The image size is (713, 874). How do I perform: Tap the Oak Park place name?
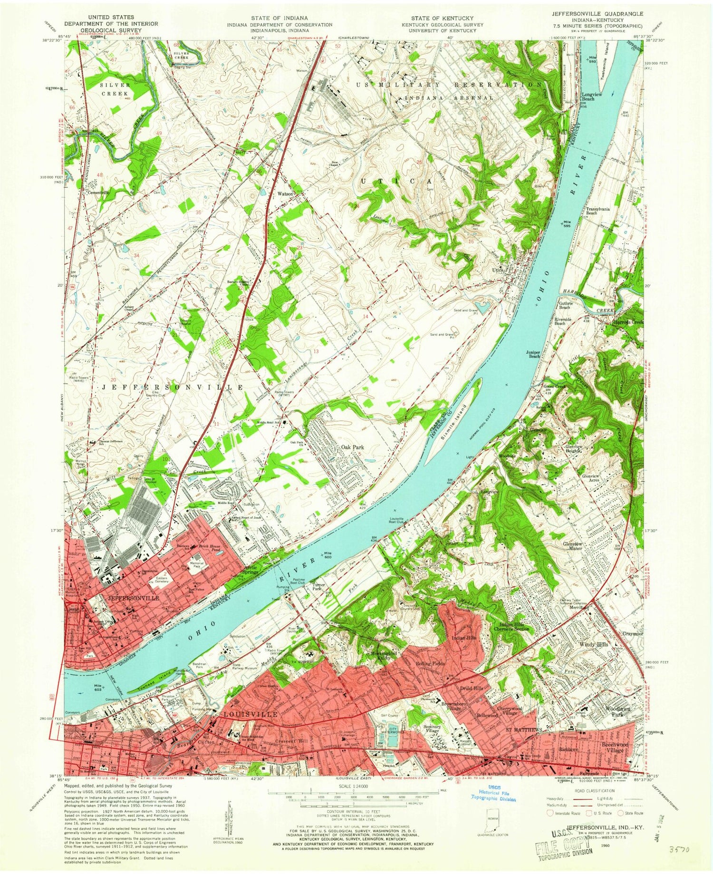click(x=352, y=447)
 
